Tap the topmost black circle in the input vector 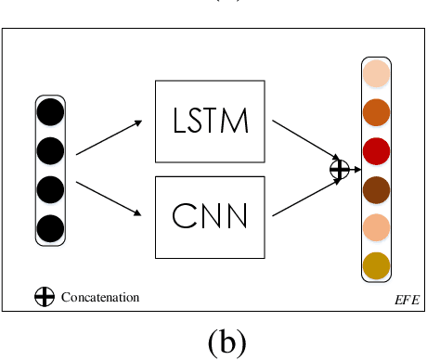click(x=51, y=112)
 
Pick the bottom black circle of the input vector click(x=51, y=228)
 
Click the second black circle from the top click(x=51, y=150)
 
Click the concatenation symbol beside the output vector click(x=340, y=169)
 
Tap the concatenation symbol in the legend click(x=44, y=297)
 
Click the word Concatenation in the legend click(x=100, y=297)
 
